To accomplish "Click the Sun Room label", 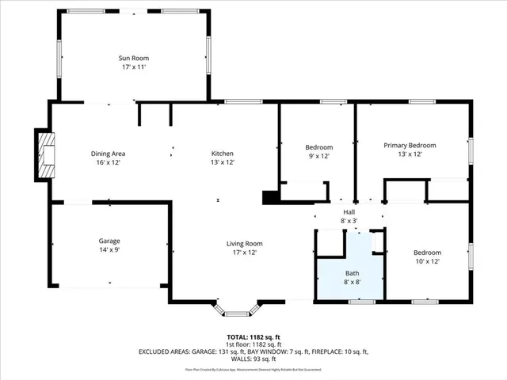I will tap(134, 58).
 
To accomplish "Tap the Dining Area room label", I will tap(108, 154).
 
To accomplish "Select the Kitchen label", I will tap(222, 154).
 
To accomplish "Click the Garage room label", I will tap(109, 241).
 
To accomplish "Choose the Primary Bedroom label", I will tap(410, 145).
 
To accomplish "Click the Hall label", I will tap(349, 212).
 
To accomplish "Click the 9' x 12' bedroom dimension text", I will tap(319, 156).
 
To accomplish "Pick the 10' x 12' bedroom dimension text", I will tap(426, 261).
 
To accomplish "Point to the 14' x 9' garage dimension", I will tap(109, 249).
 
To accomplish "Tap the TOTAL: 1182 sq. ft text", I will tap(253, 336).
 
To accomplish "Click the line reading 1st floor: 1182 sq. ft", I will tap(253, 344).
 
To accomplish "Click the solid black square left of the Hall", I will tap(269, 197).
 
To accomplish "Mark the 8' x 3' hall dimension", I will tap(349, 221).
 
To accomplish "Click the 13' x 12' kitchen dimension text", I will tap(222, 162).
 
